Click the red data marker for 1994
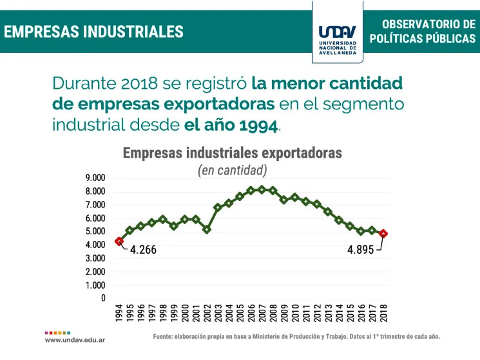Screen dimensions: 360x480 (119, 241)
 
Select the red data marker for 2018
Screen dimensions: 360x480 (383, 234)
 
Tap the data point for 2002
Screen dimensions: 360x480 (207, 229)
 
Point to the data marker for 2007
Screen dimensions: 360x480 (262, 189)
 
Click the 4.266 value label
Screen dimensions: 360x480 (143, 250)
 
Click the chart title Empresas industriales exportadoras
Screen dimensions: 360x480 (232, 153)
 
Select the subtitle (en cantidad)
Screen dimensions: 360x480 (232, 170)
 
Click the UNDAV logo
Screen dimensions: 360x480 (338, 33)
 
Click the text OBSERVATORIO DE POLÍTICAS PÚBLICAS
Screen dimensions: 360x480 (423, 31)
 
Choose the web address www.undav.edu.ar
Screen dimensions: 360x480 (75, 339)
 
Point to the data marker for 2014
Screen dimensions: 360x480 (339, 220)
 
